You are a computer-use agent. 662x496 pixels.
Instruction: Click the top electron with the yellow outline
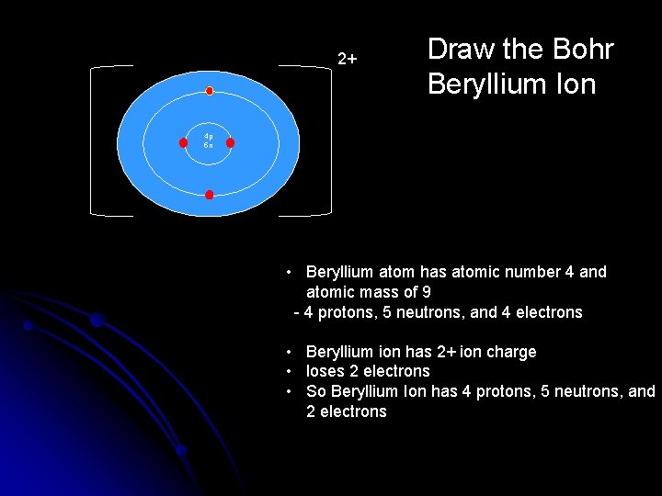pos(210,91)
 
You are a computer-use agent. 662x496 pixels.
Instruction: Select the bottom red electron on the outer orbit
pos(210,195)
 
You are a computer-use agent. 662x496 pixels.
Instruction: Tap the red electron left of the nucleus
pos(183,142)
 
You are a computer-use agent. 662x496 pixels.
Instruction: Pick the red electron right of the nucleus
pos(230,142)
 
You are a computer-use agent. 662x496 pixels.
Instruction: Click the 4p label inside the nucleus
pos(209,136)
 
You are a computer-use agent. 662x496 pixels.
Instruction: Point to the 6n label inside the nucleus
pos(209,146)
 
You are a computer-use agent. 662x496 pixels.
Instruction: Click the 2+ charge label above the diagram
pos(348,60)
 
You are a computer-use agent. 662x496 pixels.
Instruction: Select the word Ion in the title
pos(575,85)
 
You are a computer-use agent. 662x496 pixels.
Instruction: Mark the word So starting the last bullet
pos(315,391)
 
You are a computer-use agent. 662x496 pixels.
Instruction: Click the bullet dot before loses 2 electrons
pos(289,371)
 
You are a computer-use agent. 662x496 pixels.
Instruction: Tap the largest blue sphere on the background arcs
pos(96,320)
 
